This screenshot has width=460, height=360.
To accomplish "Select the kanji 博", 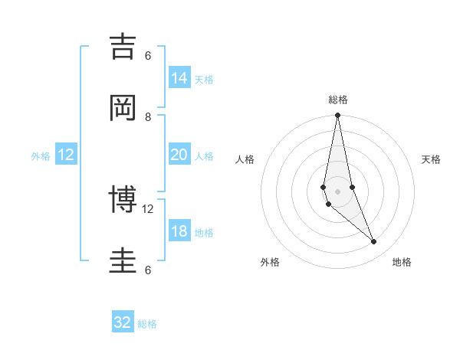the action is (x=123, y=200).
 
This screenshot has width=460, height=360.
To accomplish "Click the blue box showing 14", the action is (x=179, y=77).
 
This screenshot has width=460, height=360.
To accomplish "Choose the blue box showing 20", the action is (x=179, y=155).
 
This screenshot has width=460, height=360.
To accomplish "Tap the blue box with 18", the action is (x=179, y=231).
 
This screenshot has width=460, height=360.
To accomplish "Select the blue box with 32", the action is (x=123, y=322).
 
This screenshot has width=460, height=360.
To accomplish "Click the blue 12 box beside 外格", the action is (x=66, y=155).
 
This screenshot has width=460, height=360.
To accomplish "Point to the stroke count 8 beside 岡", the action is (x=148, y=116).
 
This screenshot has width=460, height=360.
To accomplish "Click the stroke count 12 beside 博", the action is (x=148, y=208).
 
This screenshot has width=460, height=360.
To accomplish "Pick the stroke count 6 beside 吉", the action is (x=148, y=55).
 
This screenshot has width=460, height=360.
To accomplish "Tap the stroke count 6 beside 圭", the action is (x=148, y=270).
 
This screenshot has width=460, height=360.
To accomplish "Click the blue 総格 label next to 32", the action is (x=147, y=324).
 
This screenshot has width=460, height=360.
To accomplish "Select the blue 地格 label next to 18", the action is (x=204, y=233).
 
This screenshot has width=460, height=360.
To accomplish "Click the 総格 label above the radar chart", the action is (x=337, y=100).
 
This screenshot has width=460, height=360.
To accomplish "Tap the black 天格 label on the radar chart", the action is (x=431, y=159).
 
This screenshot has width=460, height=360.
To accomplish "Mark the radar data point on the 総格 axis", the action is (x=337, y=116).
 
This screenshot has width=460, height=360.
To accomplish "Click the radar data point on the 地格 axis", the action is (x=374, y=242).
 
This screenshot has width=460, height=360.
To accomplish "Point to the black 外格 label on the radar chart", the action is (x=270, y=262).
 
